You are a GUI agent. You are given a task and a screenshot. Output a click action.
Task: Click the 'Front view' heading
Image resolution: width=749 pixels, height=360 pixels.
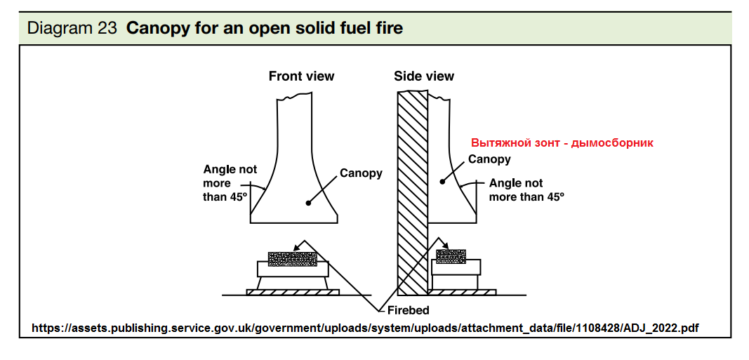[x=301, y=76]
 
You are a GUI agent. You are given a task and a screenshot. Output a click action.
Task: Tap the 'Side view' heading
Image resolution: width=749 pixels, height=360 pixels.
[x=424, y=76]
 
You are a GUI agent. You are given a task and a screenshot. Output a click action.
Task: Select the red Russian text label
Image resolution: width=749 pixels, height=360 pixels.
[x=562, y=142]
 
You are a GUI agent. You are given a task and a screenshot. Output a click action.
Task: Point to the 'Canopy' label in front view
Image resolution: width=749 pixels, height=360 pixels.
[x=361, y=173]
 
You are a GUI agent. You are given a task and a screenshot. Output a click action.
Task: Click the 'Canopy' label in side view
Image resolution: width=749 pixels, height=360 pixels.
[x=489, y=159]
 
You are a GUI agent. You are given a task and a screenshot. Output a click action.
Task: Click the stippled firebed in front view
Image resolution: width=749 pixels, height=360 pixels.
[x=293, y=259]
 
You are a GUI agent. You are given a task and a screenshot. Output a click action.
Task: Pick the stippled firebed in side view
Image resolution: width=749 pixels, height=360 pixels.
[x=451, y=256]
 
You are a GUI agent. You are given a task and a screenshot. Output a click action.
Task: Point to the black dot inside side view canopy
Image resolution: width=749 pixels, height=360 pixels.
[x=442, y=182]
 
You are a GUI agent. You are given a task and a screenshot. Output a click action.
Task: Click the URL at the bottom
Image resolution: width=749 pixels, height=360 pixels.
[x=366, y=328]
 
